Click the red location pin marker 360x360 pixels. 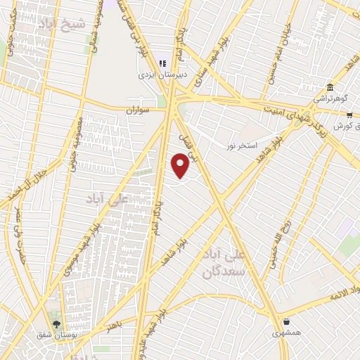181,166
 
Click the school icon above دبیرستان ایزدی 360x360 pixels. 162,63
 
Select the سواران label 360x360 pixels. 139,110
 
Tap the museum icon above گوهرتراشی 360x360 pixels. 330,87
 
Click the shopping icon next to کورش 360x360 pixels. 349,115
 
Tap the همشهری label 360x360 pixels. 286,332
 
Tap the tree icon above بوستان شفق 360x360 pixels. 56,323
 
